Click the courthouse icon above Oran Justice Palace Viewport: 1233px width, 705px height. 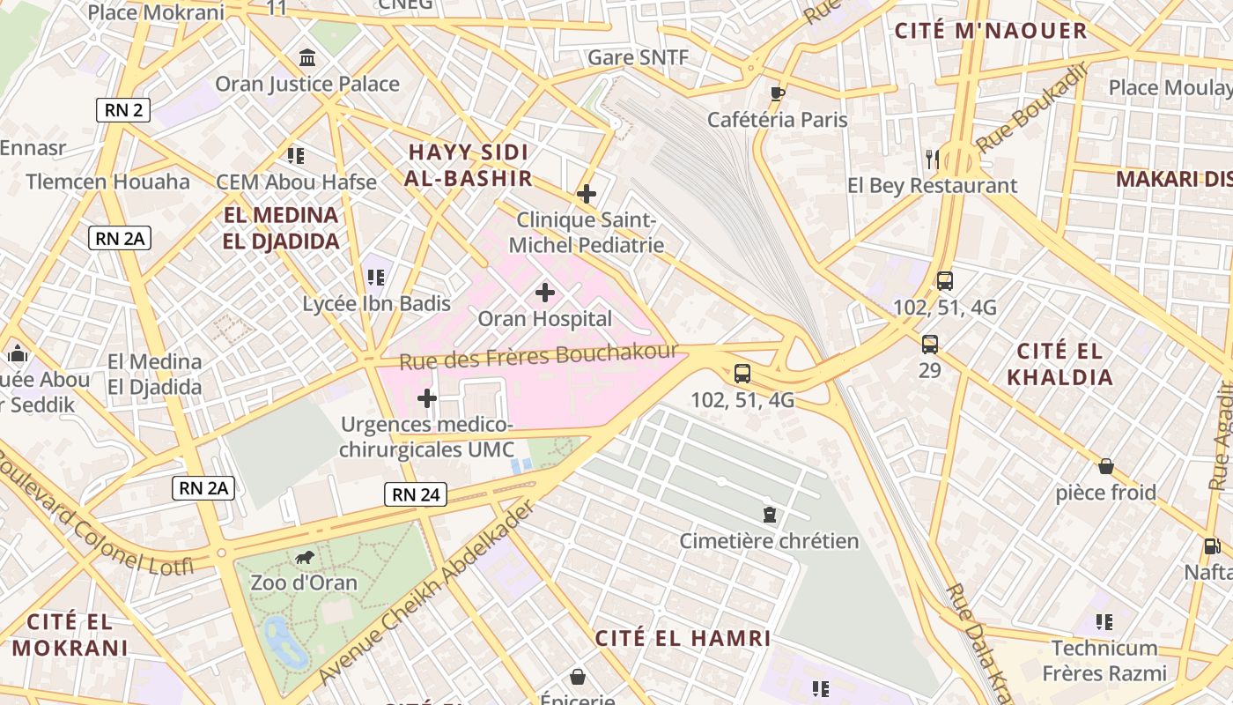[307, 58]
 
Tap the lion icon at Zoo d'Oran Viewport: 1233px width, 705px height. [305, 557]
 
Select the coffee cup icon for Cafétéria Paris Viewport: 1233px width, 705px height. [777, 93]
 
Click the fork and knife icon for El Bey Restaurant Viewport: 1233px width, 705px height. [932, 160]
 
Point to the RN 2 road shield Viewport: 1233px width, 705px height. [123, 110]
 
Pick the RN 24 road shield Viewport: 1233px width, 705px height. [416, 494]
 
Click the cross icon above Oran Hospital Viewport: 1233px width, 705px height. [545, 292]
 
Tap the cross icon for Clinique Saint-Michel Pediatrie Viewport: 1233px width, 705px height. [587, 194]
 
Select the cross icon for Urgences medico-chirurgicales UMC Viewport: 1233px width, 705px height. [427, 398]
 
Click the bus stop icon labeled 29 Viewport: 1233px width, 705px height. [930, 344]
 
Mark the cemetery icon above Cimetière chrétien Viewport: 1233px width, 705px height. [770, 514]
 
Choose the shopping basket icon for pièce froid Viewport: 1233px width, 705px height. [1106, 466]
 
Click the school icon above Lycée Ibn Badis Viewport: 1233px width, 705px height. [376, 278]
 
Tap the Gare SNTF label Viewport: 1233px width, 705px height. [638, 57]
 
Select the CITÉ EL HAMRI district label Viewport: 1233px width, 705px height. [683, 638]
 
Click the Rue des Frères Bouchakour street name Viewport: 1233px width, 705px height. [538, 356]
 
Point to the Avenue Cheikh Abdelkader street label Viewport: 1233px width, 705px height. [426, 592]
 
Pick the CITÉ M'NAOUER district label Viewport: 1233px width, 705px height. [991, 31]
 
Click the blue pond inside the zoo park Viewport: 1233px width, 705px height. [284, 642]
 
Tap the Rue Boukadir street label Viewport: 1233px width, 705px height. [1032, 108]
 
